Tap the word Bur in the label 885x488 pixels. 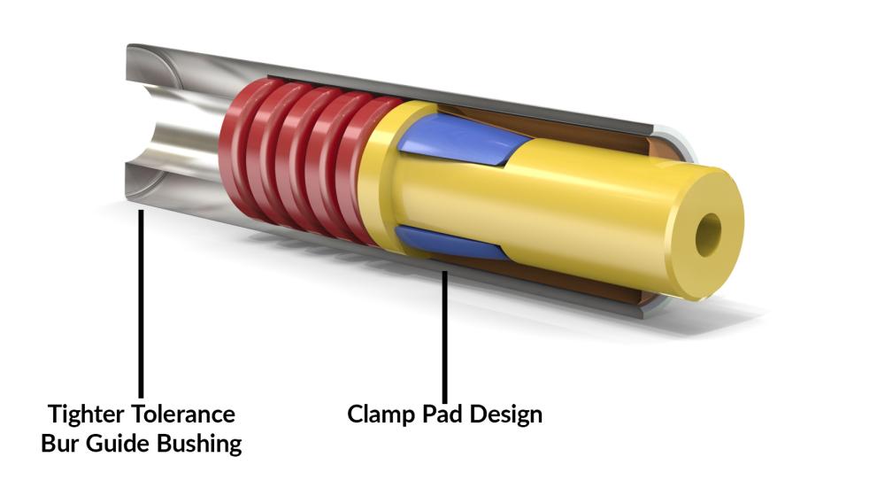coord(59,443)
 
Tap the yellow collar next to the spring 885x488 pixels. coord(381,177)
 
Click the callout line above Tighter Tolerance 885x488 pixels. coord(141,301)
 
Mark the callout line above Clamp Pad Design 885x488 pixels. coord(445,337)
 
